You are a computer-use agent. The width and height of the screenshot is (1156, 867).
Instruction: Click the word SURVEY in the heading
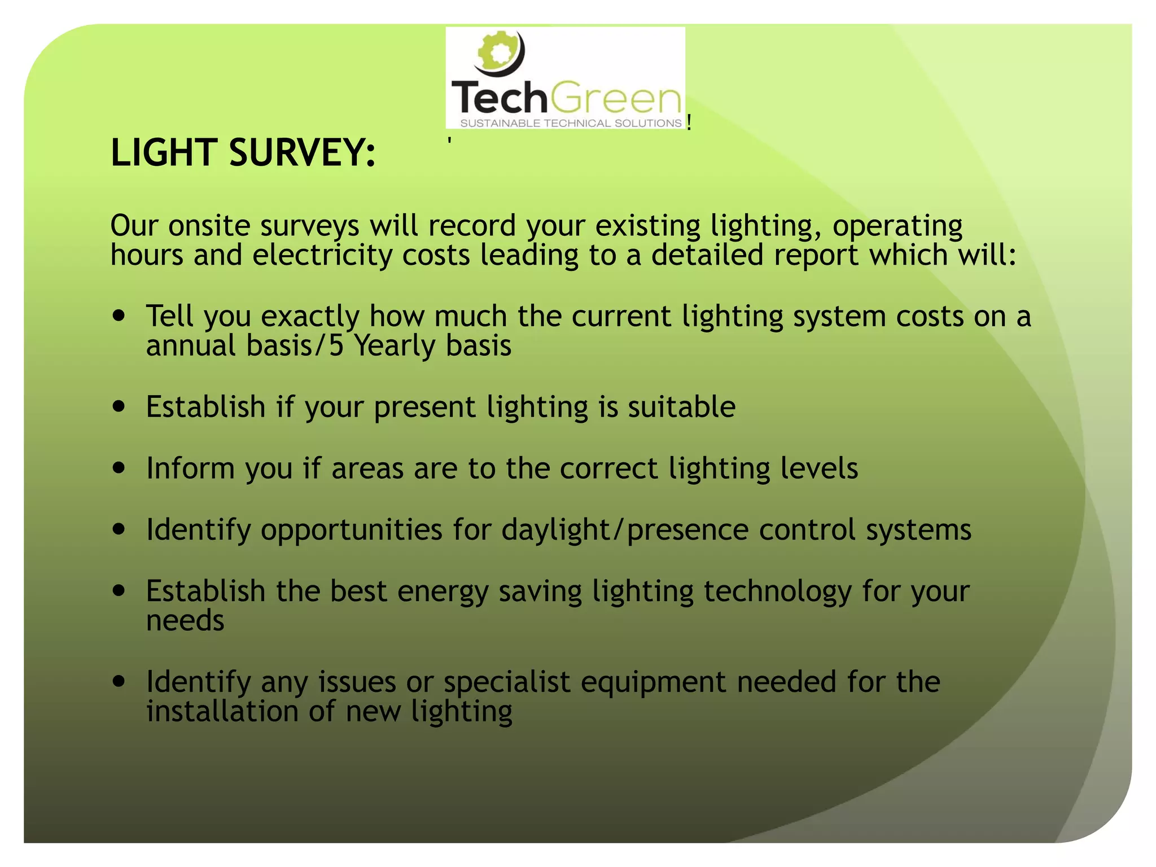pyautogui.click(x=302, y=152)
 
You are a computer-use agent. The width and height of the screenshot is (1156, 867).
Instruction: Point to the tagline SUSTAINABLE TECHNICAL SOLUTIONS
pyautogui.click(x=571, y=123)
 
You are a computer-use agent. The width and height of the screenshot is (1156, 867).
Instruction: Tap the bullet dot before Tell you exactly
pyautogui.click(x=119, y=316)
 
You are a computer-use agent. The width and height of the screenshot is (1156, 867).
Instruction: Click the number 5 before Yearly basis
pyautogui.click(x=336, y=345)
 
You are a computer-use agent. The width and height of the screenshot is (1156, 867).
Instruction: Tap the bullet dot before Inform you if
pyautogui.click(x=119, y=468)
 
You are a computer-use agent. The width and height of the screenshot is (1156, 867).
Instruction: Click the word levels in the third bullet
pyautogui.click(x=819, y=468)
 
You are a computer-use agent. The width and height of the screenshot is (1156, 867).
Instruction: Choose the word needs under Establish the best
pyautogui.click(x=185, y=621)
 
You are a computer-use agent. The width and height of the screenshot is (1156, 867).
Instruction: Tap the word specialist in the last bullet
pyautogui.click(x=507, y=682)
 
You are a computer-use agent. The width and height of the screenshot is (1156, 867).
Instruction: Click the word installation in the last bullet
pyautogui.click(x=222, y=711)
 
